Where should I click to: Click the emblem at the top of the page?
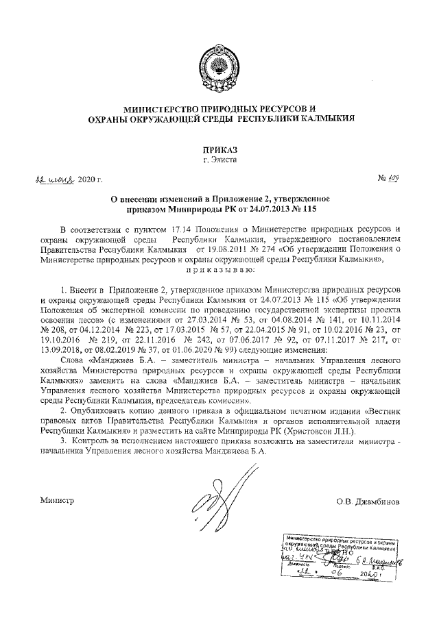tap(219, 65)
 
